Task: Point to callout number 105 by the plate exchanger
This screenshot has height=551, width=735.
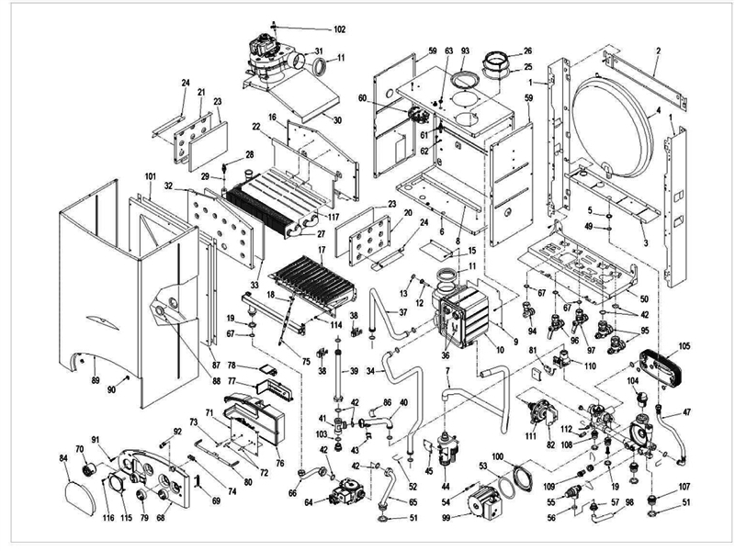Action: tap(683, 347)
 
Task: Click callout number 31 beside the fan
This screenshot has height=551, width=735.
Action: tap(319, 51)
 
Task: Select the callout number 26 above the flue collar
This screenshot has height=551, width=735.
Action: tap(527, 51)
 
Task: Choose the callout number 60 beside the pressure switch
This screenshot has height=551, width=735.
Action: tap(388, 97)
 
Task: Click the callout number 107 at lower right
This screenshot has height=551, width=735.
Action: tap(684, 487)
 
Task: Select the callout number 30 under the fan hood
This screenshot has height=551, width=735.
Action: tap(337, 120)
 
